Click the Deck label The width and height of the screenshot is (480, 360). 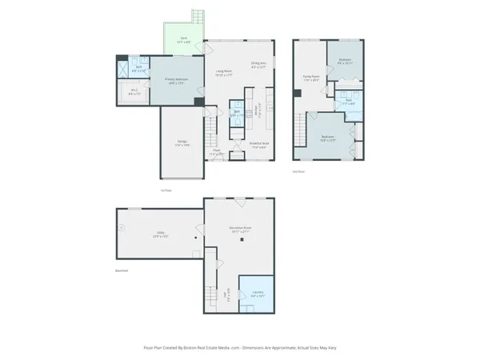pyautogui.click(x=183, y=38)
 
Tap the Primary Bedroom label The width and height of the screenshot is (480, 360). pyautogui.click(x=175, y=80)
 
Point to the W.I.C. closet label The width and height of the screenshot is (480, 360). pyautogui.click(x=134, y=93)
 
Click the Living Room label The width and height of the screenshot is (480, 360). pyautogui.click(x=224, y=72)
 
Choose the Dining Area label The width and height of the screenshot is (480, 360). pyautogui.click(x=258, y=64)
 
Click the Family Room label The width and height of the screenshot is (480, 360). pyautogui.click(x=311, y=78)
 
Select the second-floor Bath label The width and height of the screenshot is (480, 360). pyautogui.click(x=349, y=101)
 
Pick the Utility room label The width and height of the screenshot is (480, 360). pyautogui.click(x=160, y=234)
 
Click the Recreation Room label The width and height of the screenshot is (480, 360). pyautogui.click(x=241, y=230)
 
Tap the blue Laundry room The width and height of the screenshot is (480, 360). pyautogui.click(x=257, y=294)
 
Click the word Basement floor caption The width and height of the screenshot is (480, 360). pyautogui.click(x=122, y=270)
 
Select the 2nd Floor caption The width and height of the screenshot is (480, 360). pyautogui.click(x=299, y=170)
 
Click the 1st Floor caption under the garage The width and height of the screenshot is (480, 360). pyautogui.click(x=166, y=190)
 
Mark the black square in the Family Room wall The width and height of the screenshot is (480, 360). pyautogui.click(x=298, y=94)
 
